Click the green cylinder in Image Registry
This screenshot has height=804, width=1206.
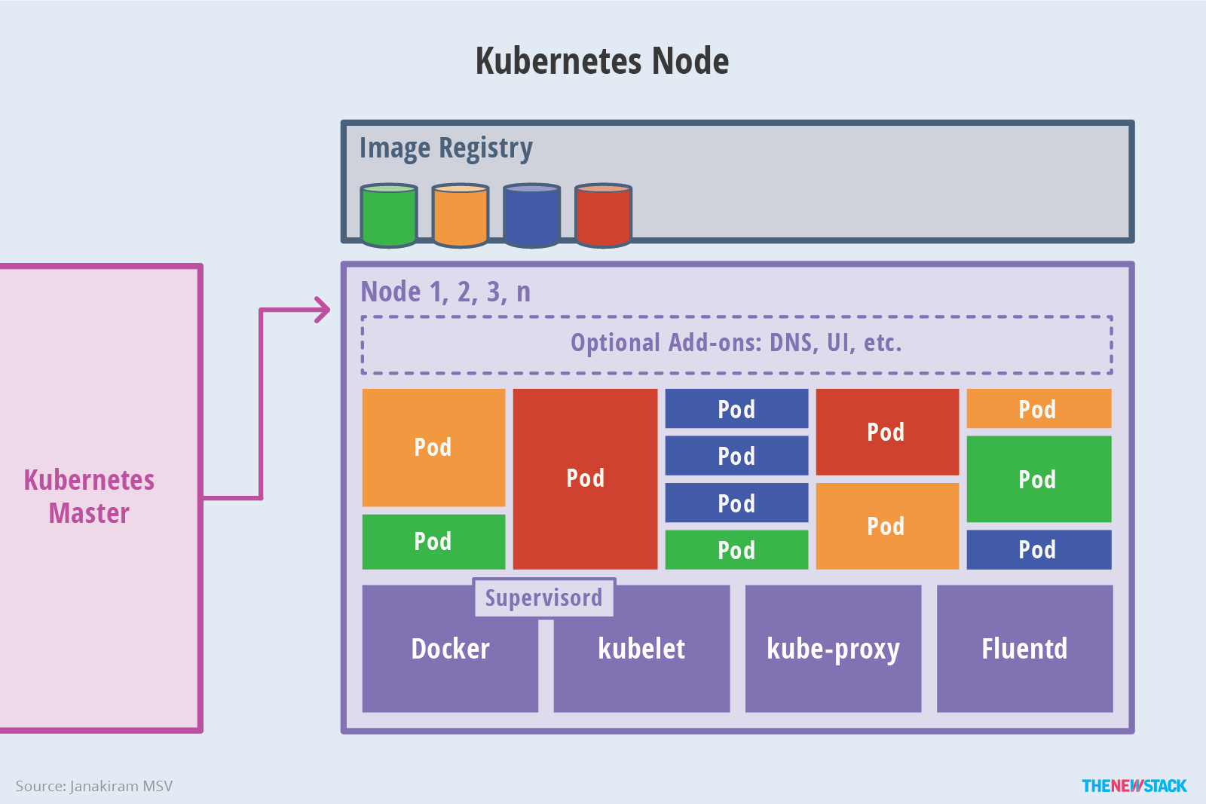click(x=389, y=216)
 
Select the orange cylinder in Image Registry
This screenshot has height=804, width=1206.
click(x=461, y=216)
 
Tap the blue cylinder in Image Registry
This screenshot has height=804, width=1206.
click(x=532, y=216)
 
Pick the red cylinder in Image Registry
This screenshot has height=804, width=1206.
click(x=603, y=216)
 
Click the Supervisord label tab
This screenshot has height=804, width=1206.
click(x=543, y=598)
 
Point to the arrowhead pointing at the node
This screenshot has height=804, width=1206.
click(x=324, y=310)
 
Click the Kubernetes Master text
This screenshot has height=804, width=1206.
click(x=89, y=497)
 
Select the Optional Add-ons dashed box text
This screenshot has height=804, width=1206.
click(x=736, y=344)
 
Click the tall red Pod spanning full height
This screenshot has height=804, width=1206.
click(x=585, y=478)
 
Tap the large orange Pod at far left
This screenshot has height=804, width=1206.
click(x=433, y=448)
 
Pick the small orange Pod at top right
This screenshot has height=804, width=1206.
click(x=1038, y=409)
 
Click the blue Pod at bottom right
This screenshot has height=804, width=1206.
click(x=1038, y=549)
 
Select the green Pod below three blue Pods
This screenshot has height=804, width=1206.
click(x=736, y=550)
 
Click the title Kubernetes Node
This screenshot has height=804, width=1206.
click(x=601, y=61)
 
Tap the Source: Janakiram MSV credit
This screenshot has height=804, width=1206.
click(x=94, y=786)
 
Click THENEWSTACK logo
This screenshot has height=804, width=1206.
click(x=1134, y=786)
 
